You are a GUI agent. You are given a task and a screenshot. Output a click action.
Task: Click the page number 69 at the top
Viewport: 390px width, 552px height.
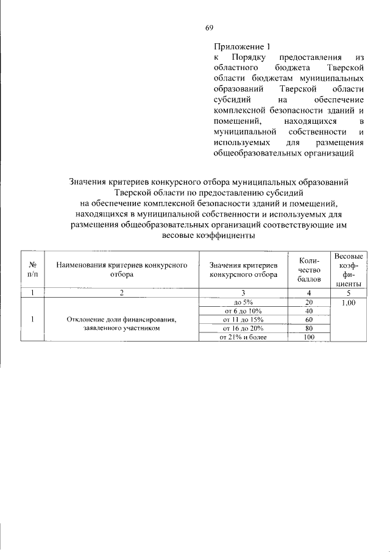pos(208,27)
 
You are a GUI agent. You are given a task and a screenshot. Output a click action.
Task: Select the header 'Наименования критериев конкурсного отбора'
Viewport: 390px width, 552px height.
pos(121,270)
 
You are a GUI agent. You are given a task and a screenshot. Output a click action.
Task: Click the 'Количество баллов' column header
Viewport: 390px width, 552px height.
pos(308,270)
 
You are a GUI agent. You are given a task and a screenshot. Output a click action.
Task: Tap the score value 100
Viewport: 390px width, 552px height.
pos(308,336)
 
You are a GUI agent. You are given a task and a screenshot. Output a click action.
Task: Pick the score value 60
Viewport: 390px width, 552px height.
pos(308,319)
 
